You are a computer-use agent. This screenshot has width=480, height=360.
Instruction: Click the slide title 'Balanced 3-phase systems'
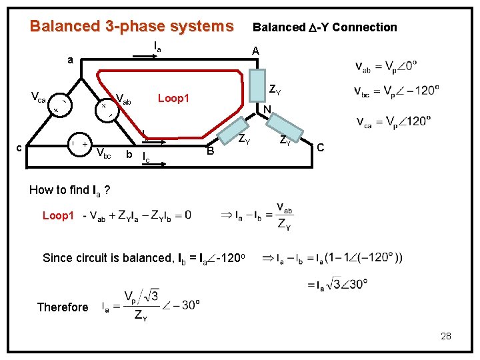(x=131, y=27)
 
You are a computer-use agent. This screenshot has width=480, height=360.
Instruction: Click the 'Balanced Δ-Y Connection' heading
(x=324, y=27)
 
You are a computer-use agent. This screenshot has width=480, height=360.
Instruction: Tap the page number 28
(x=445, y=336)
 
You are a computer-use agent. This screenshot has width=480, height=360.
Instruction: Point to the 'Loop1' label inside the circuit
(x=173, y=99)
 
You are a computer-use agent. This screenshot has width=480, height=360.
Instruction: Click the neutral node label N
(x=266, y=111)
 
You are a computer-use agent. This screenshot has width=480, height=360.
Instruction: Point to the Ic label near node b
(x=146, y=157)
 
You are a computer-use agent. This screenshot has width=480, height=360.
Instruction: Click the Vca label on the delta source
(x=37, y=99)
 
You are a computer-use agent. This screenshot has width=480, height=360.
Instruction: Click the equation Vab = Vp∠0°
(x=386, y=67)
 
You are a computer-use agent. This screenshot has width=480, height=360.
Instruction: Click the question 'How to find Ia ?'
(x=69, y=191)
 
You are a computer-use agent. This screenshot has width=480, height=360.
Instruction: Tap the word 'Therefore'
(x=63, y=307)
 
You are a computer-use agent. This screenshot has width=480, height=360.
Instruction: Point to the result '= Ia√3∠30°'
(x=337, y=284)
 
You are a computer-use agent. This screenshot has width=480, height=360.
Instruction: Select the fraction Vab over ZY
(x=284, y=215)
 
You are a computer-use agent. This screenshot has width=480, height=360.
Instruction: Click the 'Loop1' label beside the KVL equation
(x=58, y=215)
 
